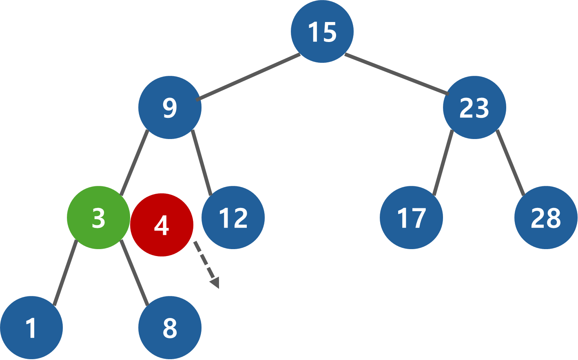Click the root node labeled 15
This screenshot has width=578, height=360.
point(322,31)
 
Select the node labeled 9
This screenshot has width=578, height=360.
point(170,108)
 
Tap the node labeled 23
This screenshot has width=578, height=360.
point(474,108)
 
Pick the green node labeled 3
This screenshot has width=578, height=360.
point(98,218)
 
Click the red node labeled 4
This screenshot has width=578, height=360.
point(162,225)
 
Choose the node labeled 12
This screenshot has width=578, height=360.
point(233,218)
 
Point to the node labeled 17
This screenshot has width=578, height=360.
point(411,218)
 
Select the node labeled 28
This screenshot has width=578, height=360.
point(545,218)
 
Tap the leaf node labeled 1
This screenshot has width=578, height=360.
point(31,328)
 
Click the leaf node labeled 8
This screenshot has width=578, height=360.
point(170,328)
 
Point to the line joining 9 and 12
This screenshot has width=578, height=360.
point(202,162)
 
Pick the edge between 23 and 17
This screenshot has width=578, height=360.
point(443,163)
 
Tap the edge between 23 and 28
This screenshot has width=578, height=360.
point(510,162)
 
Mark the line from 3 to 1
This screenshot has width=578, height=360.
point(65,272)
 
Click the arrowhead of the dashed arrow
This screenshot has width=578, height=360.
point(215,283)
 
